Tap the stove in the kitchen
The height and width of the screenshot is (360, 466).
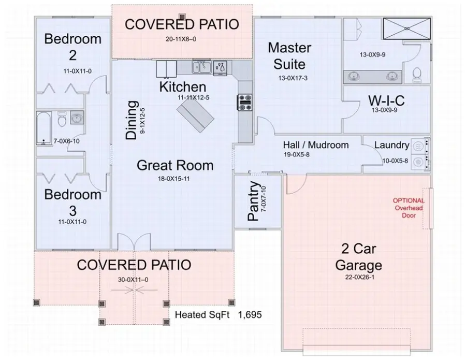pyautogui.click(x=244, y=102)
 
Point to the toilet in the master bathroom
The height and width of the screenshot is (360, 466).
pyautogui.click(x=417, y=75)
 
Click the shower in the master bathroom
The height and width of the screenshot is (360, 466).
pyautogui.click(x=405, y=27)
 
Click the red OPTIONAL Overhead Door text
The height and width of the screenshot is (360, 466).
pyautogui.click(x=409, y=208)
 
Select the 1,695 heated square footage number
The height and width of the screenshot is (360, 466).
pyautogui.click(x=251, y=314)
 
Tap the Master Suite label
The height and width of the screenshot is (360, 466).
pyautogui.click(x=289, y=56)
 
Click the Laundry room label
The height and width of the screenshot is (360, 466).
pyautogui.click(x=391, y=146)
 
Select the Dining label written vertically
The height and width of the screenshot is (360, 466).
pyautogui.click(x=132, y=120)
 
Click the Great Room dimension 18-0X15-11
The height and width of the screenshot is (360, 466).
pyautogui.click(x=174, y=180)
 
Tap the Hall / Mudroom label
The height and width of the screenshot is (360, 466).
pyautogui.click(x=315, y=145)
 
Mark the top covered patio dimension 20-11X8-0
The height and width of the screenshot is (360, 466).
pyautogui.click(x=181, y=39)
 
